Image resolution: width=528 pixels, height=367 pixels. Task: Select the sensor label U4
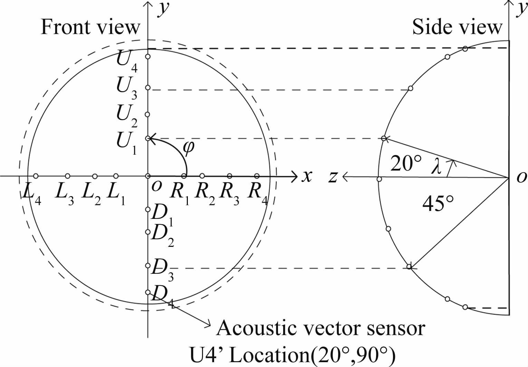pos(126,61)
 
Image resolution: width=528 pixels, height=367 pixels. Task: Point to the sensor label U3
pos(126,88)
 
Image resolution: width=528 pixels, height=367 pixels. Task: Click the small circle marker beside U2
pos(147,114)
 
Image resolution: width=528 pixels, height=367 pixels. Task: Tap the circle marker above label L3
pos(68,176)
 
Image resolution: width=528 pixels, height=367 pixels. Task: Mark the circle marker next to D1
pos(148,209)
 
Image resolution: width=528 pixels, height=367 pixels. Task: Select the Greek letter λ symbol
pos(437,168)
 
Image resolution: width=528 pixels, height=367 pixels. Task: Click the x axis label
pos(306,176)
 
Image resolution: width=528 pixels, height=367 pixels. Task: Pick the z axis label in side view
pos(333,177)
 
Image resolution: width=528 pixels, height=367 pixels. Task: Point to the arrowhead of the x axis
pos(295,176)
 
